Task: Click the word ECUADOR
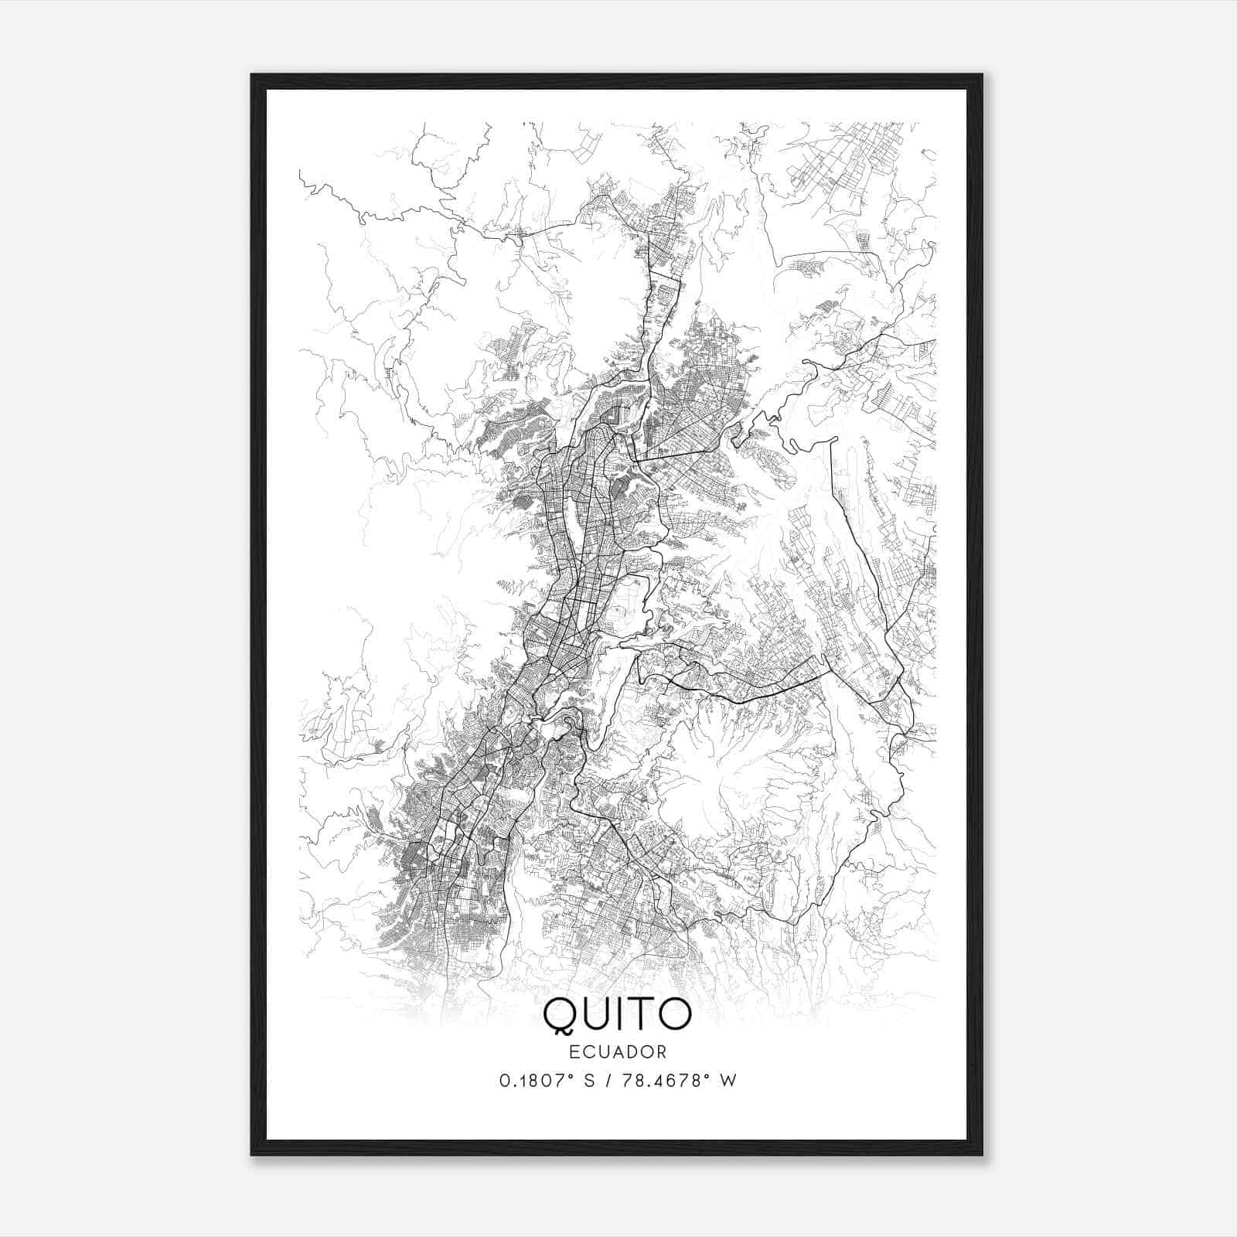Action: pos(618,1051)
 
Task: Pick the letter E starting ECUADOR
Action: pos(574,1051)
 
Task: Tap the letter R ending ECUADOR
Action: pos(662,1051)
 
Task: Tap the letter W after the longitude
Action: pos(728,1080)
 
